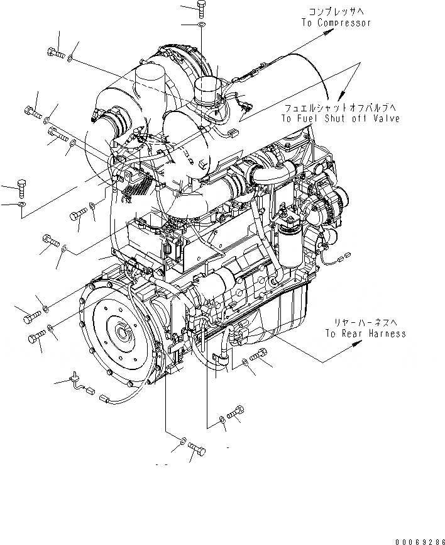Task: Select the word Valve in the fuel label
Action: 387,118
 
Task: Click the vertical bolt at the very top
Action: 201,8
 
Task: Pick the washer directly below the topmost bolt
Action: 201,25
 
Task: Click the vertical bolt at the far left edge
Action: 22,187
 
